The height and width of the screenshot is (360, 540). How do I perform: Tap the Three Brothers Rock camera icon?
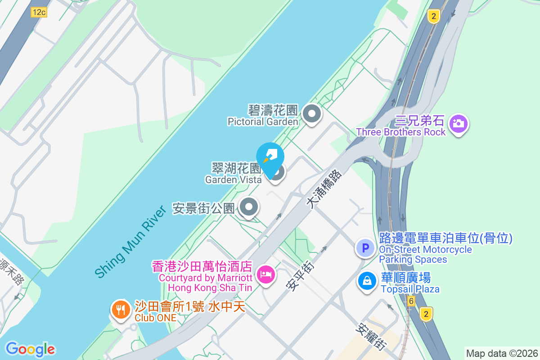(458, 123)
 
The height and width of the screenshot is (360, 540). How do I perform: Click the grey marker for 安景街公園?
(248, 208)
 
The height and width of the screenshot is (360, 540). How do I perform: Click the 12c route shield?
(39, 12)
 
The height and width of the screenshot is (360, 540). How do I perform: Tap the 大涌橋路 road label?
(324, 189)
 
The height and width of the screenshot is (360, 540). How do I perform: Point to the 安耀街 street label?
(371, 337)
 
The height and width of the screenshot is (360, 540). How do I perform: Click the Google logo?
(30, 349)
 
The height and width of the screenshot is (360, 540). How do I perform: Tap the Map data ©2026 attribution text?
(501, 353)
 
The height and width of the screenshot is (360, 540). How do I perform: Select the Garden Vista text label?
(233, 180)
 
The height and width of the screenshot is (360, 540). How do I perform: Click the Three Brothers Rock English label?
(401, 132)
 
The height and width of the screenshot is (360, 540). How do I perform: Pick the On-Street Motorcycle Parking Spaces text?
(425, 254)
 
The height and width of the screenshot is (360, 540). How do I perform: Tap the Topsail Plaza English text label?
(410, 289)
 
